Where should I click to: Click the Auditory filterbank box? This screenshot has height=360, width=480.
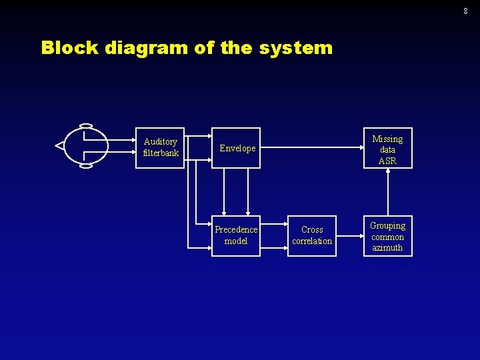point(160,147)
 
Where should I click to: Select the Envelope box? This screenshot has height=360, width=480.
point(236,148)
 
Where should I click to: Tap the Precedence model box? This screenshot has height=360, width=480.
point(236,235)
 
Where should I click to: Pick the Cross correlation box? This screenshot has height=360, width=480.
point(312,235)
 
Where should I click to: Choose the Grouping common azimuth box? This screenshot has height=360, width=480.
point(387,236)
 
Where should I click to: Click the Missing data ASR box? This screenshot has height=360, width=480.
point(387,148)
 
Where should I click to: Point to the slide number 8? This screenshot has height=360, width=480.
point(465,11)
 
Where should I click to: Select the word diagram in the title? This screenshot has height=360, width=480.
point(136,48)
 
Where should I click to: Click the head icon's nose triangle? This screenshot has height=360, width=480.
point(59,145)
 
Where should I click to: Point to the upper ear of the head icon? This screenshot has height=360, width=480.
point(85,125)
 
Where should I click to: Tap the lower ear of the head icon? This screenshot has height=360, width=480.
point(85,165)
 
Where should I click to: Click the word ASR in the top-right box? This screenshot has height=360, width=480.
point(387,161)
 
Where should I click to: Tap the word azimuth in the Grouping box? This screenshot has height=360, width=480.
point(387,248)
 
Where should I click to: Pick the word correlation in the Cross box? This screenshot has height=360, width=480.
point(312,241)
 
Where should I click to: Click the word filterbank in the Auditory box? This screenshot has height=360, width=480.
point(161,153)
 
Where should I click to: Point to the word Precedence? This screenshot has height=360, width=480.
point(236,230)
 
